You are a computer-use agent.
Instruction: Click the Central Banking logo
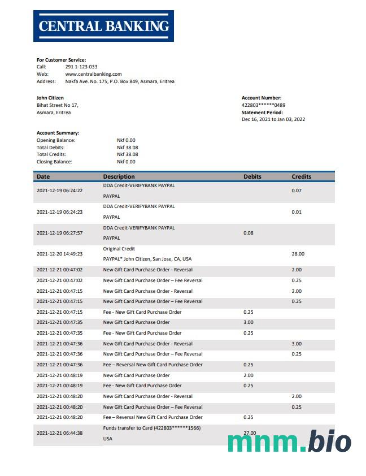point(103,26)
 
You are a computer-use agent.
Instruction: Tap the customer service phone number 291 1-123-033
point(81,67)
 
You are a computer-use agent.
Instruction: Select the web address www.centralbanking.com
point(93,74)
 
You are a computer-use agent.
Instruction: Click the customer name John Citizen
point(50,98)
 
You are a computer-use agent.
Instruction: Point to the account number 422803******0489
point(263,105)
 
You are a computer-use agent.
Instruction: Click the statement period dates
point(273,119)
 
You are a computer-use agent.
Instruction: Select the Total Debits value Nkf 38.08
point(127,148)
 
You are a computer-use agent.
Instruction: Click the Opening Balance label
point(56,140)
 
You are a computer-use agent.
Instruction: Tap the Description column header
point(119,176)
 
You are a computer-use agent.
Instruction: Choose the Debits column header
point(252,176)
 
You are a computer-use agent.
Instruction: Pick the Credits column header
point(301,176)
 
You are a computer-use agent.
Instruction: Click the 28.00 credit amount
point(298,254)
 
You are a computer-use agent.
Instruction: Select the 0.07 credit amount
point(297,191)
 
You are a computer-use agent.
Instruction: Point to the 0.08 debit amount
point(249,233)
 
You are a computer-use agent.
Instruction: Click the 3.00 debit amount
point(249,322)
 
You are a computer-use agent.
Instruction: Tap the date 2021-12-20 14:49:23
point(59,254)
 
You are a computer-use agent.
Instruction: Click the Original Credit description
point(119,249)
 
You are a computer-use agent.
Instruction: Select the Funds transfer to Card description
point(151,428)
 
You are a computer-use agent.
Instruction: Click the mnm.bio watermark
point(289,442)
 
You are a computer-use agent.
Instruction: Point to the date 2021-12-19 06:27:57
point(59,233)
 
